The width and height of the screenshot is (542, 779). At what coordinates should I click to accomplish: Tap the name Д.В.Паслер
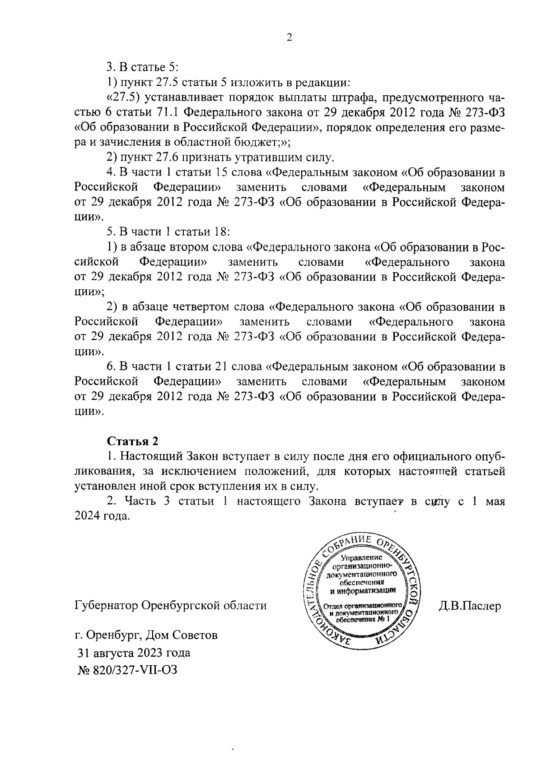pos(469,606)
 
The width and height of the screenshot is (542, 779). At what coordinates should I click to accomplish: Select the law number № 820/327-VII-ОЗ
pos(128,670)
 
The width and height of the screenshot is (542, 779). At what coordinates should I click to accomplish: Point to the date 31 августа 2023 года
pos(134,653)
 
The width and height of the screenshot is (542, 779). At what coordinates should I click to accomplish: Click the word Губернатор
pos(107,606)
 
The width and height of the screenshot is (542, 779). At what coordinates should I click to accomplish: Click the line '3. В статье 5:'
pos(143,68)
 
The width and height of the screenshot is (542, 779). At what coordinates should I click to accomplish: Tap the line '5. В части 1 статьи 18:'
pos(168,232)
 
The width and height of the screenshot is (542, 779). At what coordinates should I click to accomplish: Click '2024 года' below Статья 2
pos(103,516)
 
